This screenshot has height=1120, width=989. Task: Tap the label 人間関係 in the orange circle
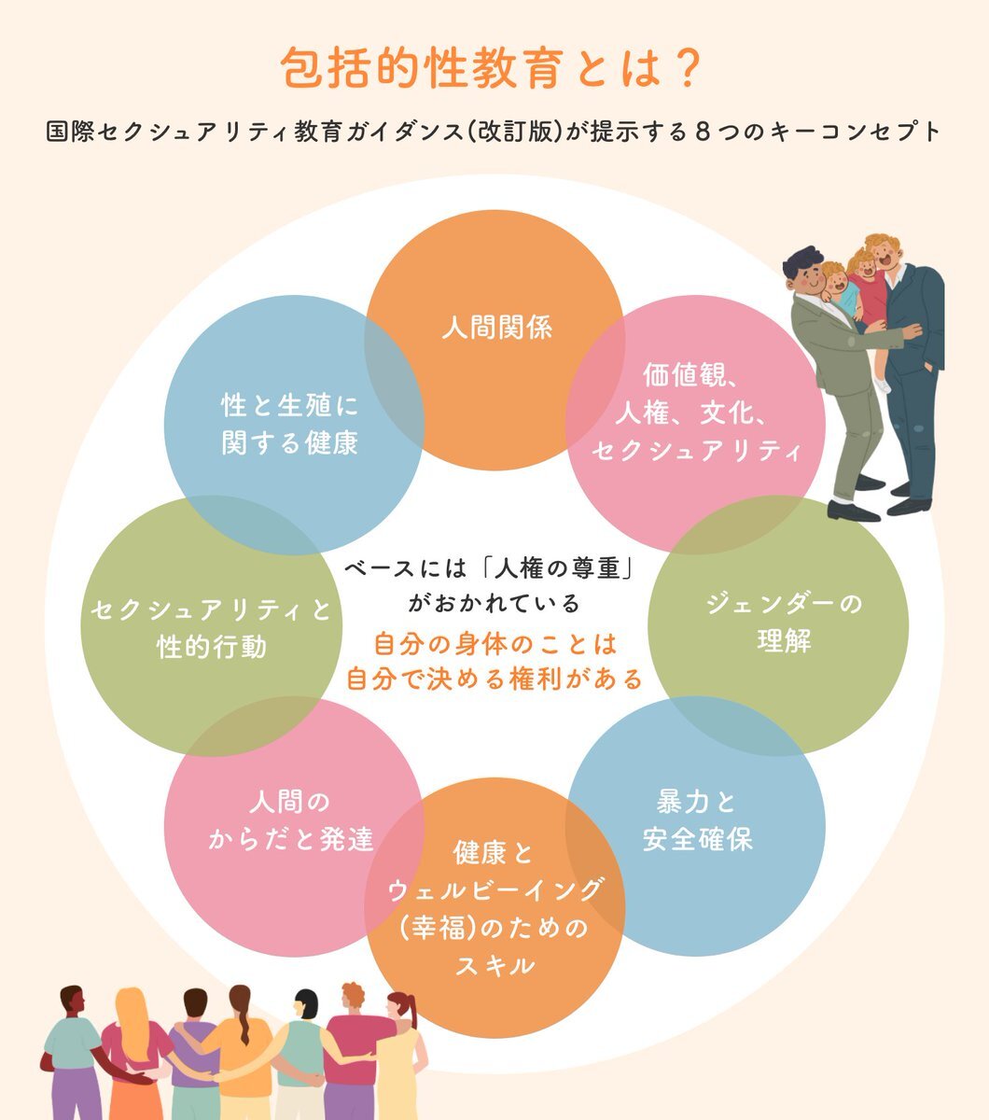point(497,328)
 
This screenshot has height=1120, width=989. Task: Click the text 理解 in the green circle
point(784,642)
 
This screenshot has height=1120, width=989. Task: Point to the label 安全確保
point(697,839)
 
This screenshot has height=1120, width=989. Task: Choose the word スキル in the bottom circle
point(494,965)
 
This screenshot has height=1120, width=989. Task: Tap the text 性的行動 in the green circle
point(212,647)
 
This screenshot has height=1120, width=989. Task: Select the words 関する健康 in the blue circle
point(290,442)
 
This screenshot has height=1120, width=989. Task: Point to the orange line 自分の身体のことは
point(495,644)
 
